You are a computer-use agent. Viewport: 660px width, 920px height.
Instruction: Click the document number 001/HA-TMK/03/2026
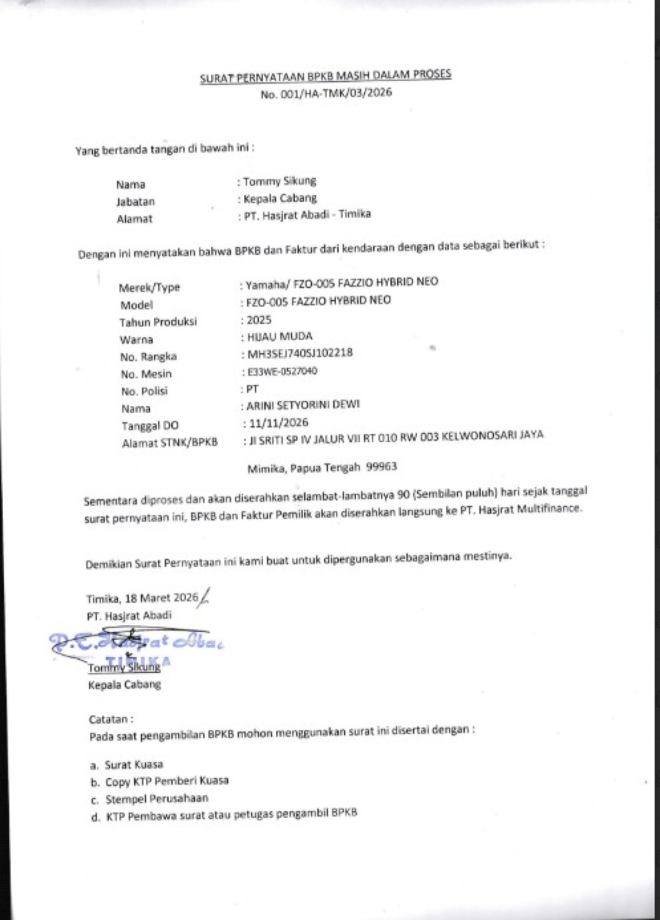pos(336,92)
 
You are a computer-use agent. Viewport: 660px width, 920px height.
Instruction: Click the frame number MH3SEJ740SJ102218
pos(300,353)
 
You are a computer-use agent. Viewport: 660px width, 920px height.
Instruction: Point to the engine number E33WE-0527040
pos(282,371)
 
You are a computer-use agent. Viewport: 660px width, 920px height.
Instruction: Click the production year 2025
pos(259,319)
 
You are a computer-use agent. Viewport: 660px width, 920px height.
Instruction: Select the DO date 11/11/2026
pos(278,422)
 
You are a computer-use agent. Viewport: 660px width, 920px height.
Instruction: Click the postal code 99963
pos(382,466)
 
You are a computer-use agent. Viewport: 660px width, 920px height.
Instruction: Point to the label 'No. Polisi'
pos(145,391)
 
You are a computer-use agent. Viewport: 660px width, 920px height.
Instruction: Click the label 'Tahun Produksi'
pos(158,322)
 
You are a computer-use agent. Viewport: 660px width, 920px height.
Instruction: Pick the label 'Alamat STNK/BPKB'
pos(170,442)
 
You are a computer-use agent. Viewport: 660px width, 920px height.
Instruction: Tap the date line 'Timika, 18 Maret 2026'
pos(142,598)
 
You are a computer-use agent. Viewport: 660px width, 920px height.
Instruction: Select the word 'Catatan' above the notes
pos(108,719)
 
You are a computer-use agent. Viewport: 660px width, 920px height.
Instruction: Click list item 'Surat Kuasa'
pos(134,764)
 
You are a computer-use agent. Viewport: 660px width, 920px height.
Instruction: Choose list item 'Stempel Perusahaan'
pos(157,798)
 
